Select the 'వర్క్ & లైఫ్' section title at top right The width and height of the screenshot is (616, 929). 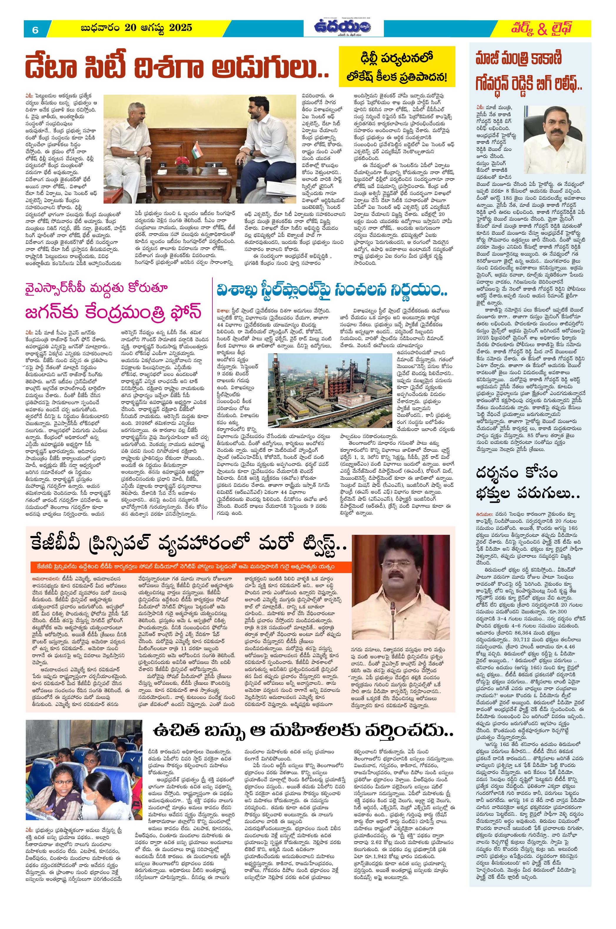(539, 28)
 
